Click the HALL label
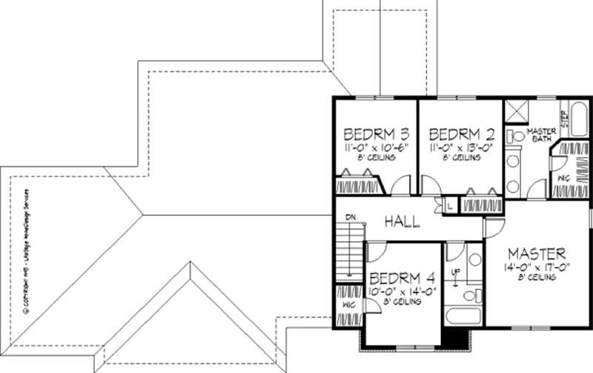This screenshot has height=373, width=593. click(x=402, y=221)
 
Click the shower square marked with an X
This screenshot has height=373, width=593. click(x=517, y=111)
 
